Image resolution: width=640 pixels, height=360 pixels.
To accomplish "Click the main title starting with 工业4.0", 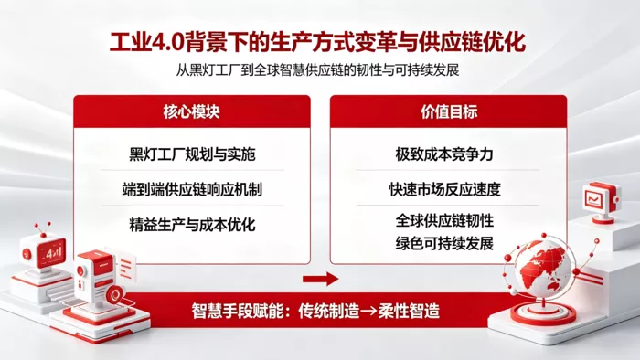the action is click(317, 42).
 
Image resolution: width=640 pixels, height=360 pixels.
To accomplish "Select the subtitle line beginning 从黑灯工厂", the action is click(317, 70).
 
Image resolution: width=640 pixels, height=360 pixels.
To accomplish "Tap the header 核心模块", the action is click(191, 111).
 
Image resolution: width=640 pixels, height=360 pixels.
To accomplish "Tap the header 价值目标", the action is click(449, 111).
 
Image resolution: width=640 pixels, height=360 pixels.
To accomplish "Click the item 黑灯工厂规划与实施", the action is click(192, 154).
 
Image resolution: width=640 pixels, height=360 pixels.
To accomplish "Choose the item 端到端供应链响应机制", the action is click(192, 189).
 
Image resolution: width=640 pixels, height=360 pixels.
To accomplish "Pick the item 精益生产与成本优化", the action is click(192, 224).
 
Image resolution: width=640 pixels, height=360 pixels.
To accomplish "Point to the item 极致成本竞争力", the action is click(444, 154).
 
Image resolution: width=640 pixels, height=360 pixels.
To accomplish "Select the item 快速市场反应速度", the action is click(444, 189).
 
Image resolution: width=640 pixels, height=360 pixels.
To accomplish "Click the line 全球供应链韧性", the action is click(444, 220).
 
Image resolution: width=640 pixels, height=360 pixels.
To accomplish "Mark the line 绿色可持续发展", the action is click(444, 243).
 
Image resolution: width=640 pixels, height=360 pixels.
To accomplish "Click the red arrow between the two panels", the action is click(320, 279).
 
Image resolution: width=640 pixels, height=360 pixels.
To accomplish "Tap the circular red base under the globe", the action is click(543, 313).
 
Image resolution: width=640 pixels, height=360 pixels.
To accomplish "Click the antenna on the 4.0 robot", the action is click(42, 229).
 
